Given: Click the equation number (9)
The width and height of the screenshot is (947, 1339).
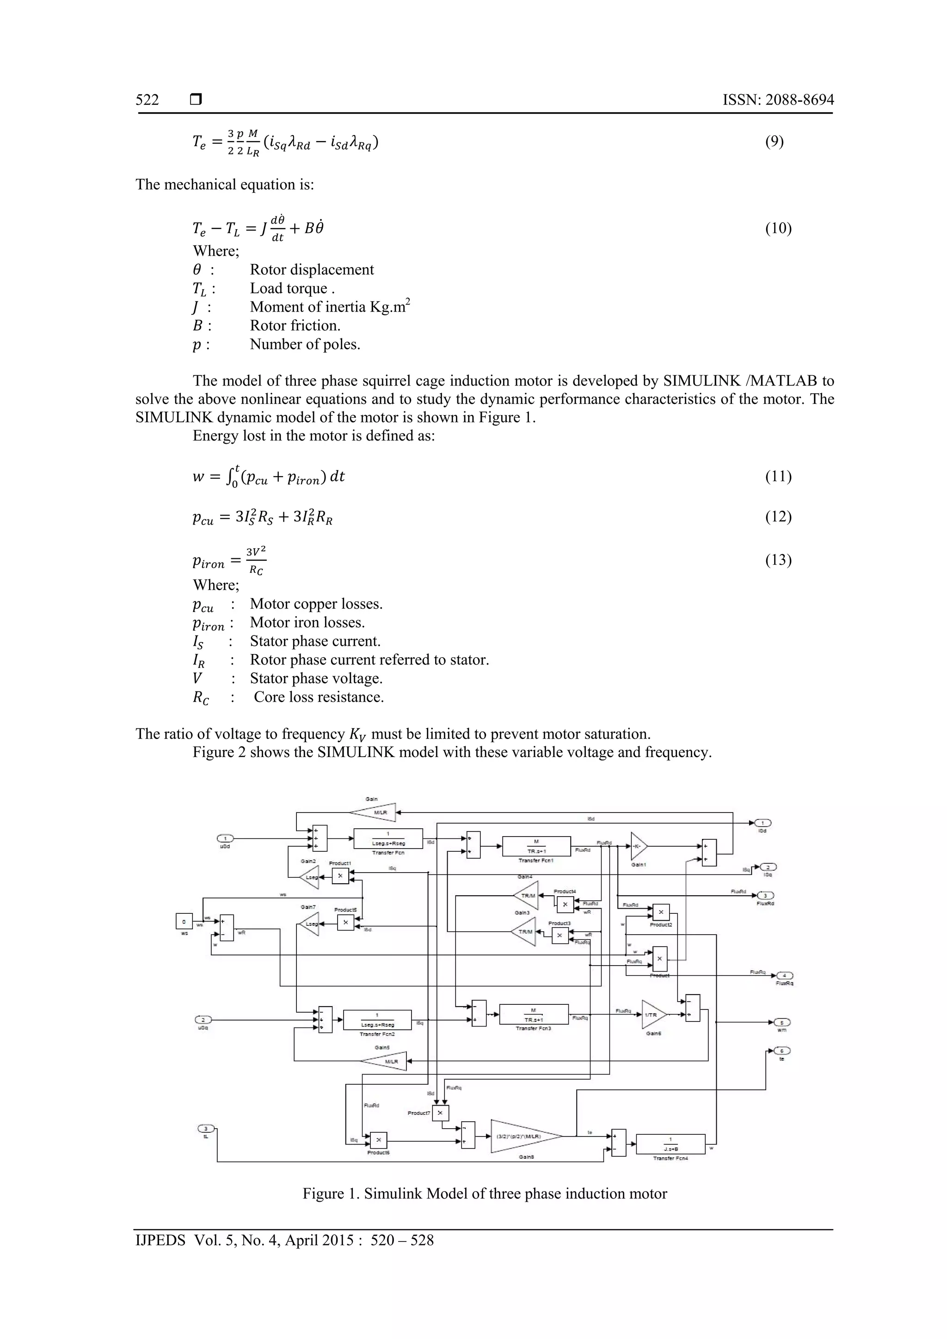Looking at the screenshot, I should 774,142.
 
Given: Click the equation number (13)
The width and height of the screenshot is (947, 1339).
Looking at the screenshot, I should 778,560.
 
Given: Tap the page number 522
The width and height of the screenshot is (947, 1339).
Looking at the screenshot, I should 147,100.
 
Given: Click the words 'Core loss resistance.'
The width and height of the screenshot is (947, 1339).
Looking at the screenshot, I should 319,697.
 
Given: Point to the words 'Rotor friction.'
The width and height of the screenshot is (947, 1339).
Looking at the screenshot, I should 295,325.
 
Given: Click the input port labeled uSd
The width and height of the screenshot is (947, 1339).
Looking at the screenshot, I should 225,838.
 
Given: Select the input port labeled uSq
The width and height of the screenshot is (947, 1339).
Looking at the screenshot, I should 203,1020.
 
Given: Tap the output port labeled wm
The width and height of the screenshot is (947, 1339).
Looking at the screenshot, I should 782,1022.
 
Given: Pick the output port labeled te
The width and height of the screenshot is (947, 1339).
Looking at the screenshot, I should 782,1051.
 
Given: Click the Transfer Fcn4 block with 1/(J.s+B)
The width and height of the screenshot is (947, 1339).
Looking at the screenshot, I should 670,1143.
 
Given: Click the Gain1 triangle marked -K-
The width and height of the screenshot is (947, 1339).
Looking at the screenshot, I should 638,846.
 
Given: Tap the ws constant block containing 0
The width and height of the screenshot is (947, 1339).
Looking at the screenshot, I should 184,922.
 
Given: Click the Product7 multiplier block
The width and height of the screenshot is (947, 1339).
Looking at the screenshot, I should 440,1113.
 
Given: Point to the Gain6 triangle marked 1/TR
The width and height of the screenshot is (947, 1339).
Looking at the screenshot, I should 652,1015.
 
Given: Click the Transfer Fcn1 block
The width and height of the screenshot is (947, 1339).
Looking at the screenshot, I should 535,846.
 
